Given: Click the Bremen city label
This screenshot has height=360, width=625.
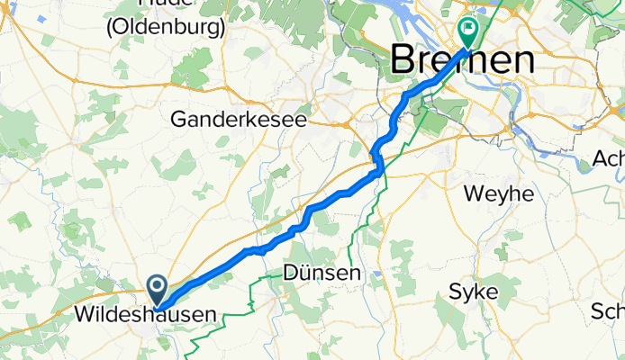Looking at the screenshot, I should pos(462,61).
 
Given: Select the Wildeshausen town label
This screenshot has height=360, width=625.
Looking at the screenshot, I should pos(145,315).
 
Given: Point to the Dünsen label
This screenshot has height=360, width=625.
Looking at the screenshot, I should pos(322,272).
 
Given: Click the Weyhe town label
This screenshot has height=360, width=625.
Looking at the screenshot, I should pos(498,193).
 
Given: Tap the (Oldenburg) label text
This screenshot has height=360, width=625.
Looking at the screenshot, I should pos(165,27).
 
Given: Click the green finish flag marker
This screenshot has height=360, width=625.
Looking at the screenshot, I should pos(468,31).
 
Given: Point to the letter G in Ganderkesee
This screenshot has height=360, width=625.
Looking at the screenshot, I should pos(179,119).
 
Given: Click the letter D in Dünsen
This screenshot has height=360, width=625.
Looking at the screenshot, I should pos(290,272).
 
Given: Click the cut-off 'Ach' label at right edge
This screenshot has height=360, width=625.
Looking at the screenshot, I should pos(609,159).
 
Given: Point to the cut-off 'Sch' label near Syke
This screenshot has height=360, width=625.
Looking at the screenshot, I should pos(608,312).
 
